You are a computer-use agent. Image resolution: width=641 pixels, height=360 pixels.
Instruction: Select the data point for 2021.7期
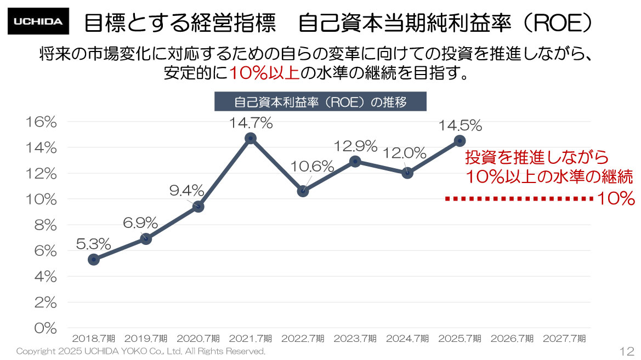click(251, 138)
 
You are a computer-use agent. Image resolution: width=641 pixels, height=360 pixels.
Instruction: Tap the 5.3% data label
click(93, 243)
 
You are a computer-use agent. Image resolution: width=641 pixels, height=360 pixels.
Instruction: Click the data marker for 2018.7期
click(93, 260)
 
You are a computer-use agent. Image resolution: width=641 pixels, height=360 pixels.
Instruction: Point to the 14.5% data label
click(460, 125)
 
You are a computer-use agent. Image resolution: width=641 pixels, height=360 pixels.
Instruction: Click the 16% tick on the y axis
click(42, 122)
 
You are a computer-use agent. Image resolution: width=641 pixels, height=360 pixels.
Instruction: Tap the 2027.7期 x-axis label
click(564, 339)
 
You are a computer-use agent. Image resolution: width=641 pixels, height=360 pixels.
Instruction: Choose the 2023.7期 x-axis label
click(354, 339)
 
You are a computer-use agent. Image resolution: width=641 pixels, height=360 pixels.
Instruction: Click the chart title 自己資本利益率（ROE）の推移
click(320, 102)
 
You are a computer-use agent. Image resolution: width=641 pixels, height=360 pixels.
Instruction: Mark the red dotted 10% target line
click(518, 199)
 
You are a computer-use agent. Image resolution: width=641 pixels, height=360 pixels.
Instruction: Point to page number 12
click(627, 351)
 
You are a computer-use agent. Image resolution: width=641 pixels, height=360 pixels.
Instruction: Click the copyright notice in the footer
click(140, 351)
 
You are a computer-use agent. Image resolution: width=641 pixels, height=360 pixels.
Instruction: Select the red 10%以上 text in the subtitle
click(264, 73)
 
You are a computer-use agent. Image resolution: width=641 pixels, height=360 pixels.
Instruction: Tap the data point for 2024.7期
click(407, 173)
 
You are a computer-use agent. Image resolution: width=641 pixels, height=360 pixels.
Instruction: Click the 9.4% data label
click(186, 191)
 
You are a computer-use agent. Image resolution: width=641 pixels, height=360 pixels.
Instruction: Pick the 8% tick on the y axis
click(46, 225)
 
